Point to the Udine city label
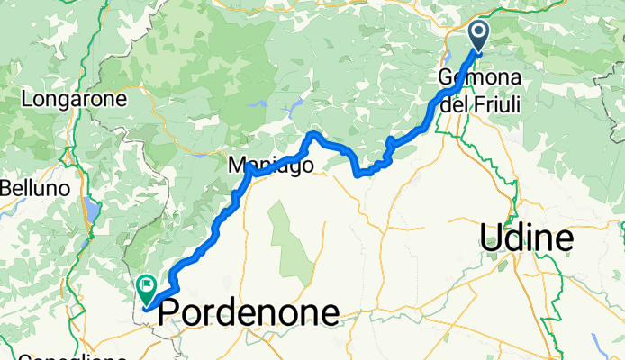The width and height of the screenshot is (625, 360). point(527,238)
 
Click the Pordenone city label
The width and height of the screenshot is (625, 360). point(249,313)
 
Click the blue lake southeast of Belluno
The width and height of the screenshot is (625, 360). point(91,211)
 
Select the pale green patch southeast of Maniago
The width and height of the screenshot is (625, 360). point(288,238)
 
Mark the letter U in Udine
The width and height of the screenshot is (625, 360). point(494,238)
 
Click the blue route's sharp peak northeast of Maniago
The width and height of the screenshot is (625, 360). point(312,134)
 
